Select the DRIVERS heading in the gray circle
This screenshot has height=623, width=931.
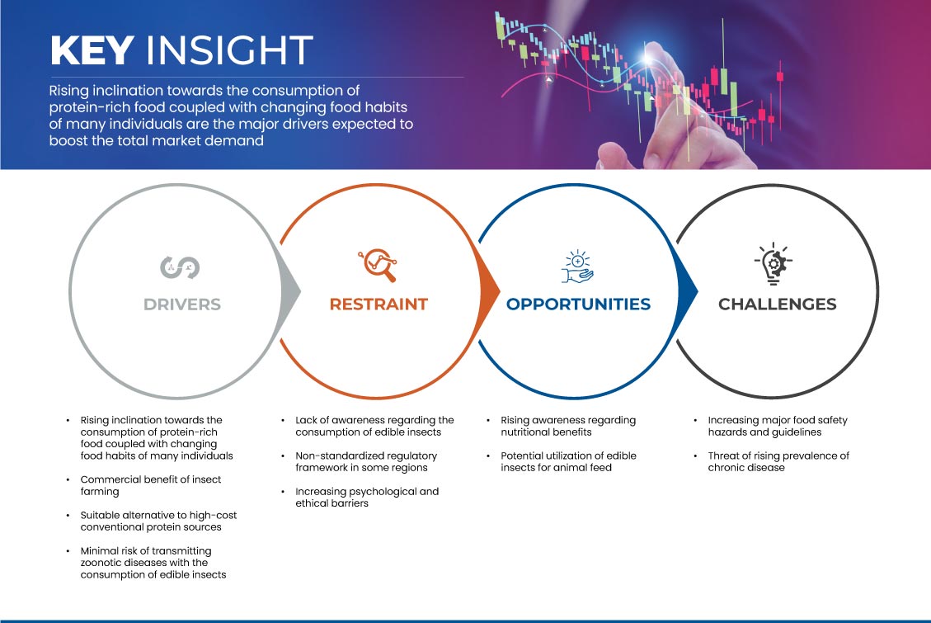point(182,304)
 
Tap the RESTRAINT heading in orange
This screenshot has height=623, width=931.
point(379,304)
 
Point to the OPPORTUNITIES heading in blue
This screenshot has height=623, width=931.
point(578,304)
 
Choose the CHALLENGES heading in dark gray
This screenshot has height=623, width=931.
point(778,304)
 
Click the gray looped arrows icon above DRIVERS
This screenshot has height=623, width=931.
point(180,267)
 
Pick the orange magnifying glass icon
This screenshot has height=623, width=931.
point(378,265)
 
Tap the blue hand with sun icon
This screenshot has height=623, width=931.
point(578,267)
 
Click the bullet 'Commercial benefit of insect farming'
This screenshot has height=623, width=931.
point(151,485)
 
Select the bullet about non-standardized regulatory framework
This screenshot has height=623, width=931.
point(366,461)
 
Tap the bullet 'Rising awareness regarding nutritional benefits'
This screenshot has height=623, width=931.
point(568,426)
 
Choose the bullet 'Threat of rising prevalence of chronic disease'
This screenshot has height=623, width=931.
point(778,461)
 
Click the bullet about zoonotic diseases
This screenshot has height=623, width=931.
point(153,563)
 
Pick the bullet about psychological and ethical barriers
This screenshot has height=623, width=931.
point(367,497)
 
